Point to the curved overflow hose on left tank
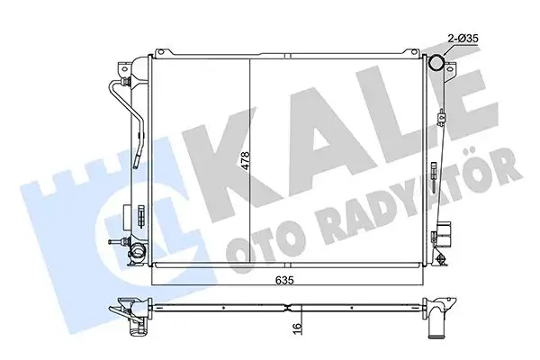coord(117,117)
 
